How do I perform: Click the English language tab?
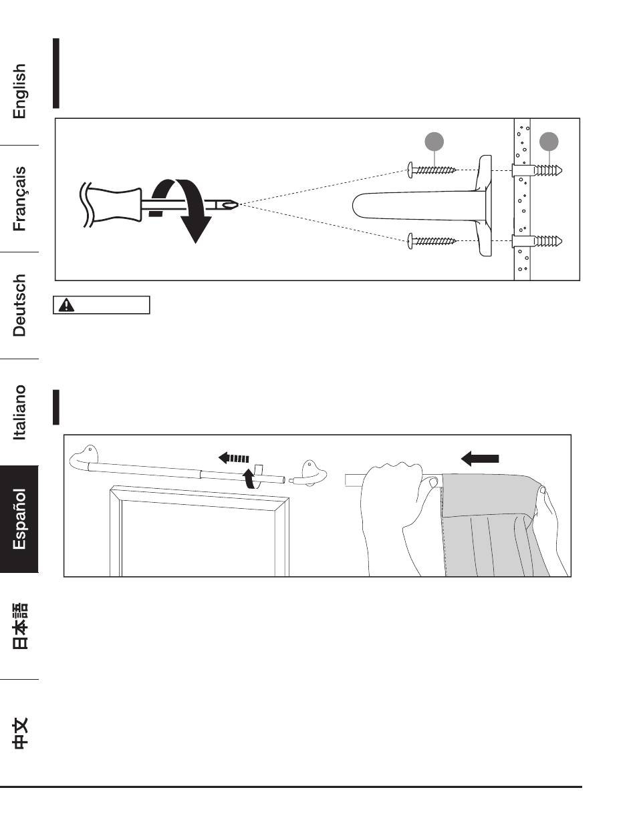[20, 91]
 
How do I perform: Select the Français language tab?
[20, 198]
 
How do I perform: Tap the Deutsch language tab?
[20, 305]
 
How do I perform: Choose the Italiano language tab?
[20, 412]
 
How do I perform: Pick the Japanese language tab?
[20, 626]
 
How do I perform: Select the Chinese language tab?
[20, 733]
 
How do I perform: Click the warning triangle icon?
[68, 305]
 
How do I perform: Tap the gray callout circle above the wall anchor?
[549, 142]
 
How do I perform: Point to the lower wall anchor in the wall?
[538, 240]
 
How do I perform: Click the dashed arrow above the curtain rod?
[234, 459]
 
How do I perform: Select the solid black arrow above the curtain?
[481, 457]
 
